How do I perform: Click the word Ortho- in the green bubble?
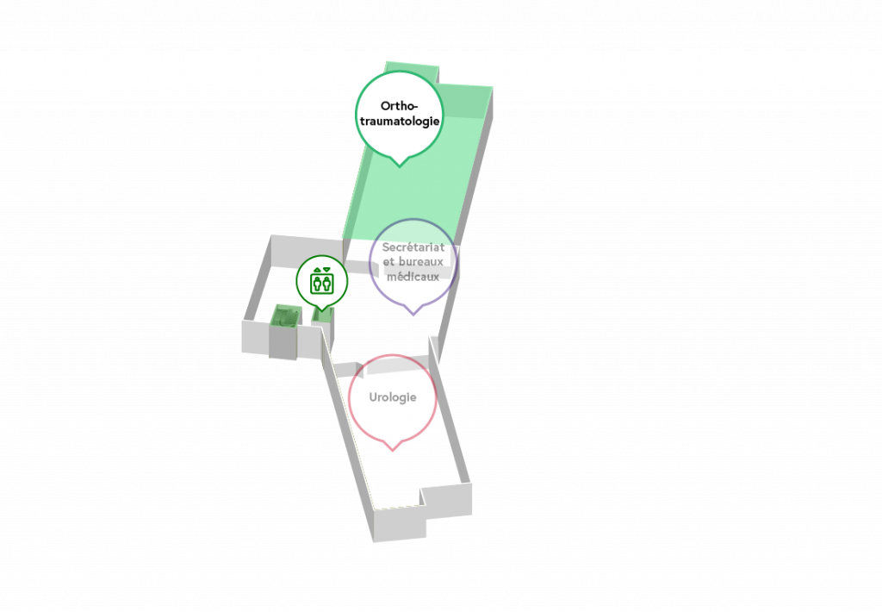(x=399, y=106)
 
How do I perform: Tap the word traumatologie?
(x=400, y=121)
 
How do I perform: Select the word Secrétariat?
(x=413, y=247)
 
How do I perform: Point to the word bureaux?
(x=420, y=262)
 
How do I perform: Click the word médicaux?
(x=413, y=277)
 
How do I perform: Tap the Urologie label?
(x=393, y=397)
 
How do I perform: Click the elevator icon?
(x=322, y=281)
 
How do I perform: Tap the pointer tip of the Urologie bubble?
(x=393, y=451)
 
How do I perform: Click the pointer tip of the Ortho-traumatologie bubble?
(x=400, y=166)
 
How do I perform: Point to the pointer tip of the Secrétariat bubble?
(x=413, y=315)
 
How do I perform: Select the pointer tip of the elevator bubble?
(x=322, y=310)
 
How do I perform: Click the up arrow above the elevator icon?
(x=317, y=270)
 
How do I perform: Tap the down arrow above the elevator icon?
(x=326, y=270)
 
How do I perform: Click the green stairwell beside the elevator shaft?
(x=285, y=315)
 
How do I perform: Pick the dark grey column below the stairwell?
(x=283, y=341)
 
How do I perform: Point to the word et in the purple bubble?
(x=388, y=262)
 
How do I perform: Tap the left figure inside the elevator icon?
(x=317, y=284)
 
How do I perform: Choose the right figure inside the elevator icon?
(x=326, y=284)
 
